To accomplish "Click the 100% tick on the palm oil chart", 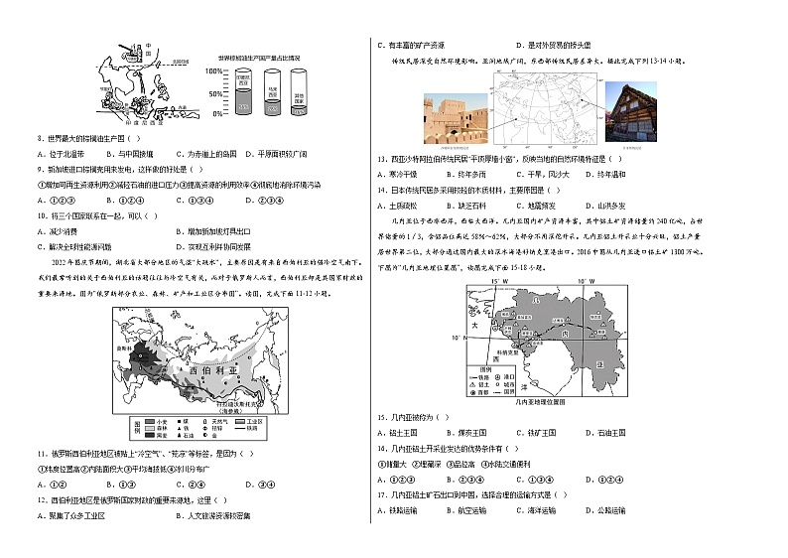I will [x=213, y=71].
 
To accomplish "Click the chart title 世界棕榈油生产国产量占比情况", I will [x=265, y=58].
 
